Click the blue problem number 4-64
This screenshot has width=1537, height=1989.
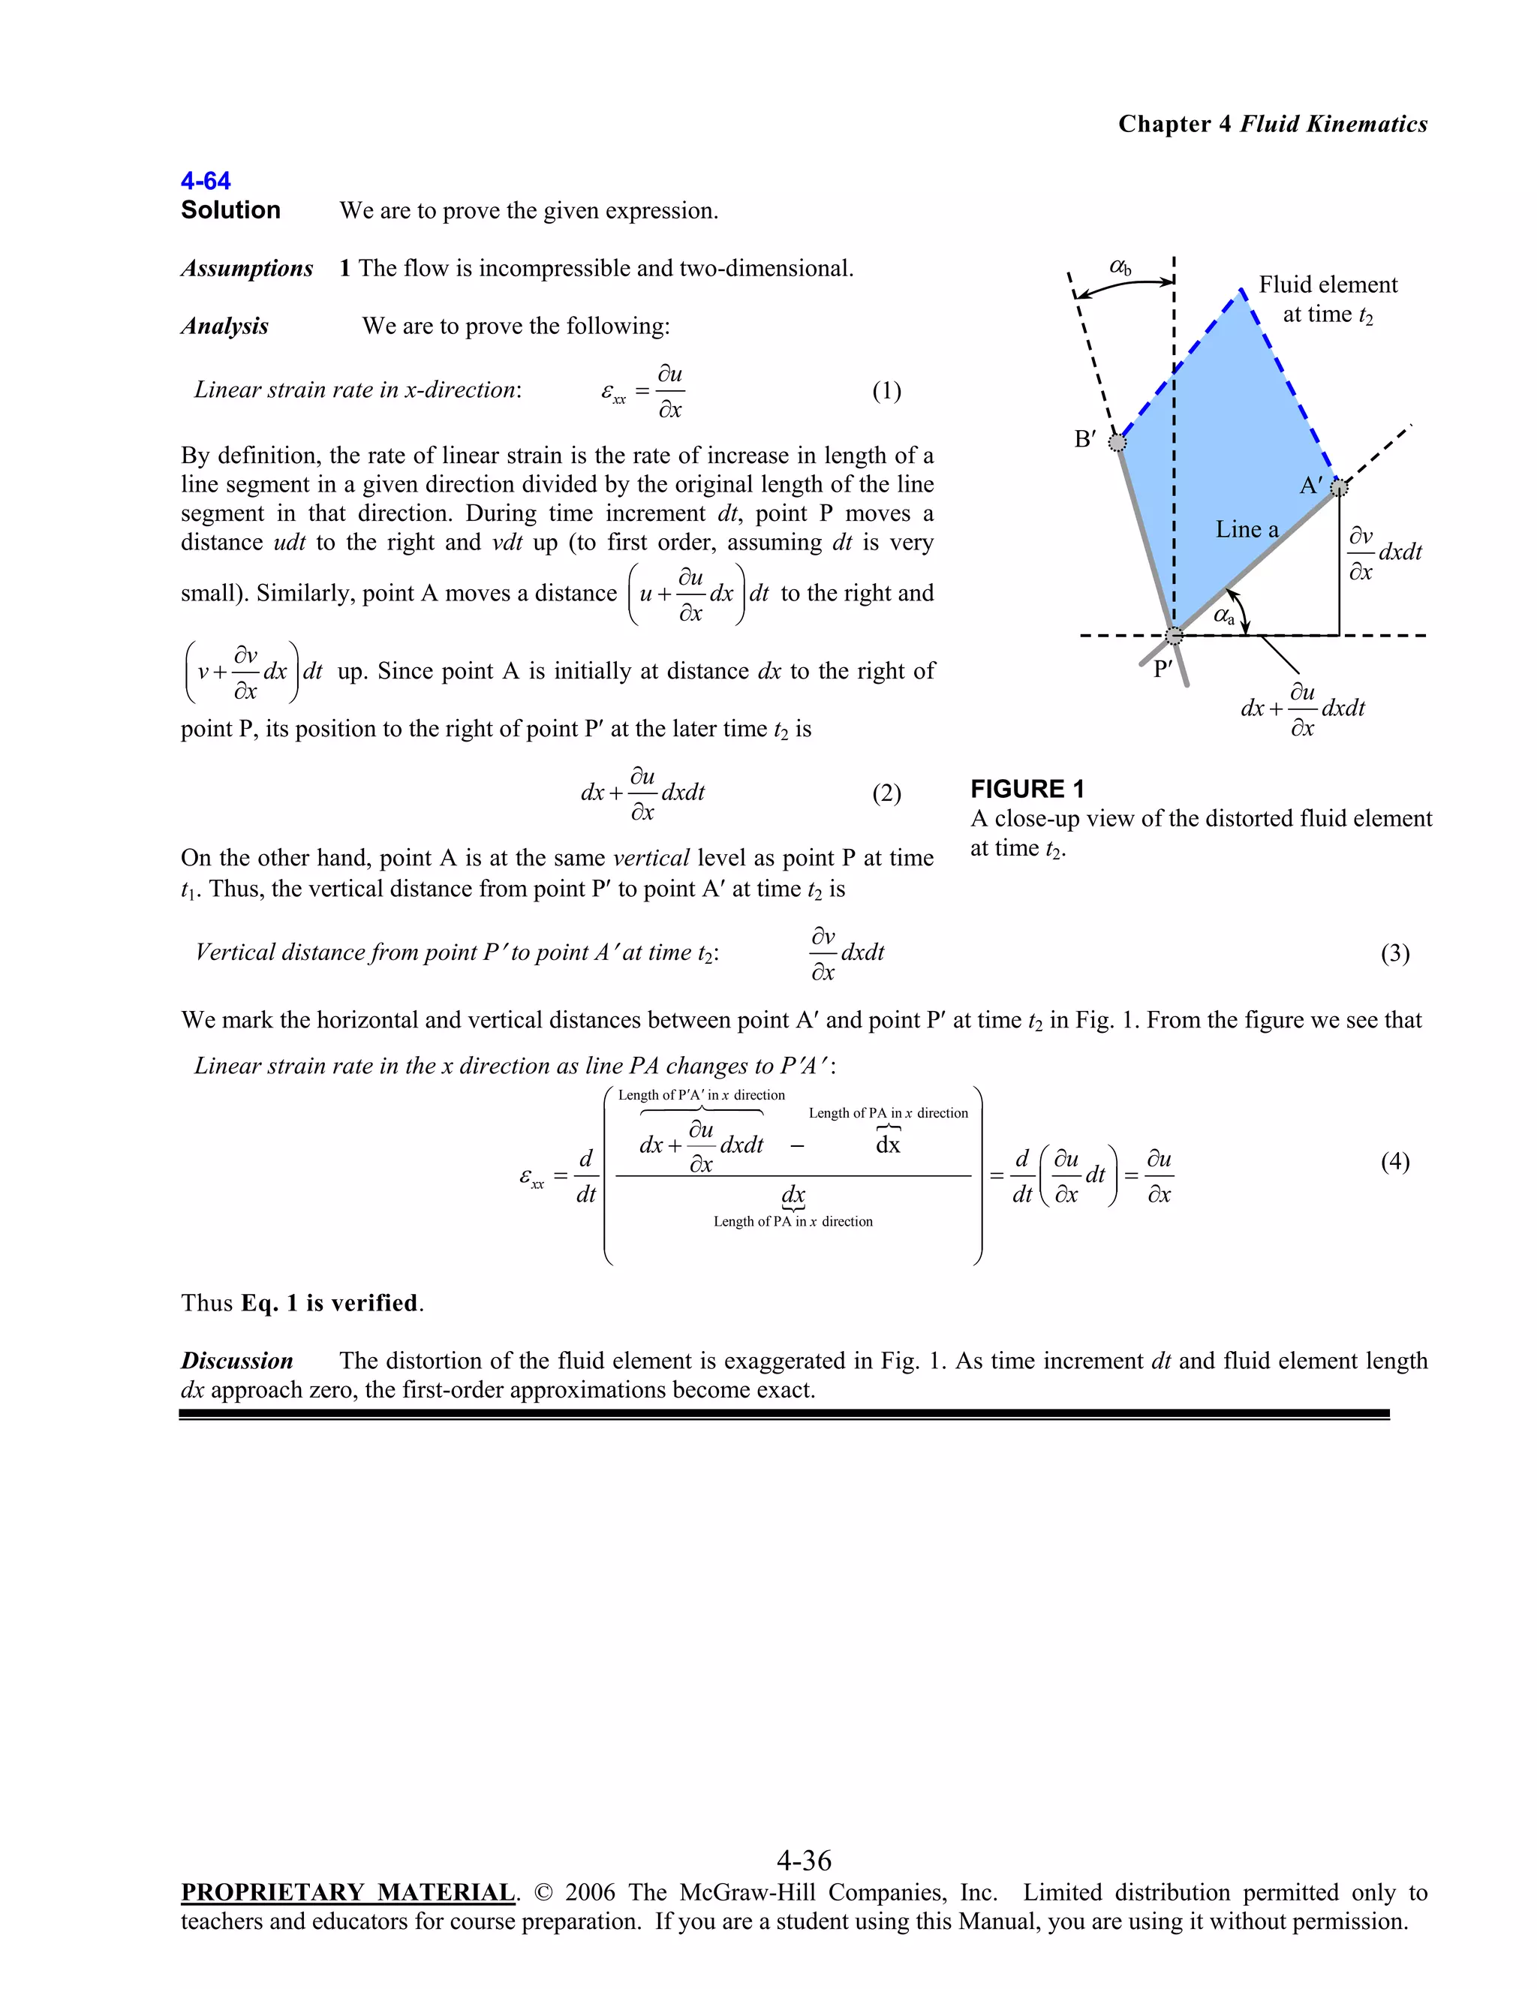205,180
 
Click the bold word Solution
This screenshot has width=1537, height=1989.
230,210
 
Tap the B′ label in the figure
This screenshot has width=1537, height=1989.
1084,439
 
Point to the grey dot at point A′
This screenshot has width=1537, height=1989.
1337,488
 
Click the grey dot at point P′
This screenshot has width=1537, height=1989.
1175,635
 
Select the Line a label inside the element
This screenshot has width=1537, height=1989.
1247,529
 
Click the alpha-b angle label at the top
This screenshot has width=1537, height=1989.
1120,267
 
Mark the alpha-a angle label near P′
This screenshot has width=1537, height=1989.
1224,615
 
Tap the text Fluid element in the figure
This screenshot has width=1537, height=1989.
1327,285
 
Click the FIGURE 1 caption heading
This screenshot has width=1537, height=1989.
1027,789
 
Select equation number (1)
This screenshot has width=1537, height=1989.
886,391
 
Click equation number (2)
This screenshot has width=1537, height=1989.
886,793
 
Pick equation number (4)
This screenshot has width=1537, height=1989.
1394,1161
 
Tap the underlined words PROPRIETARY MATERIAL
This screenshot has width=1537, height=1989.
347,1891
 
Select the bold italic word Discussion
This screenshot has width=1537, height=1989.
236,1361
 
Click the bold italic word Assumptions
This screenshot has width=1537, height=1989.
247,269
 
